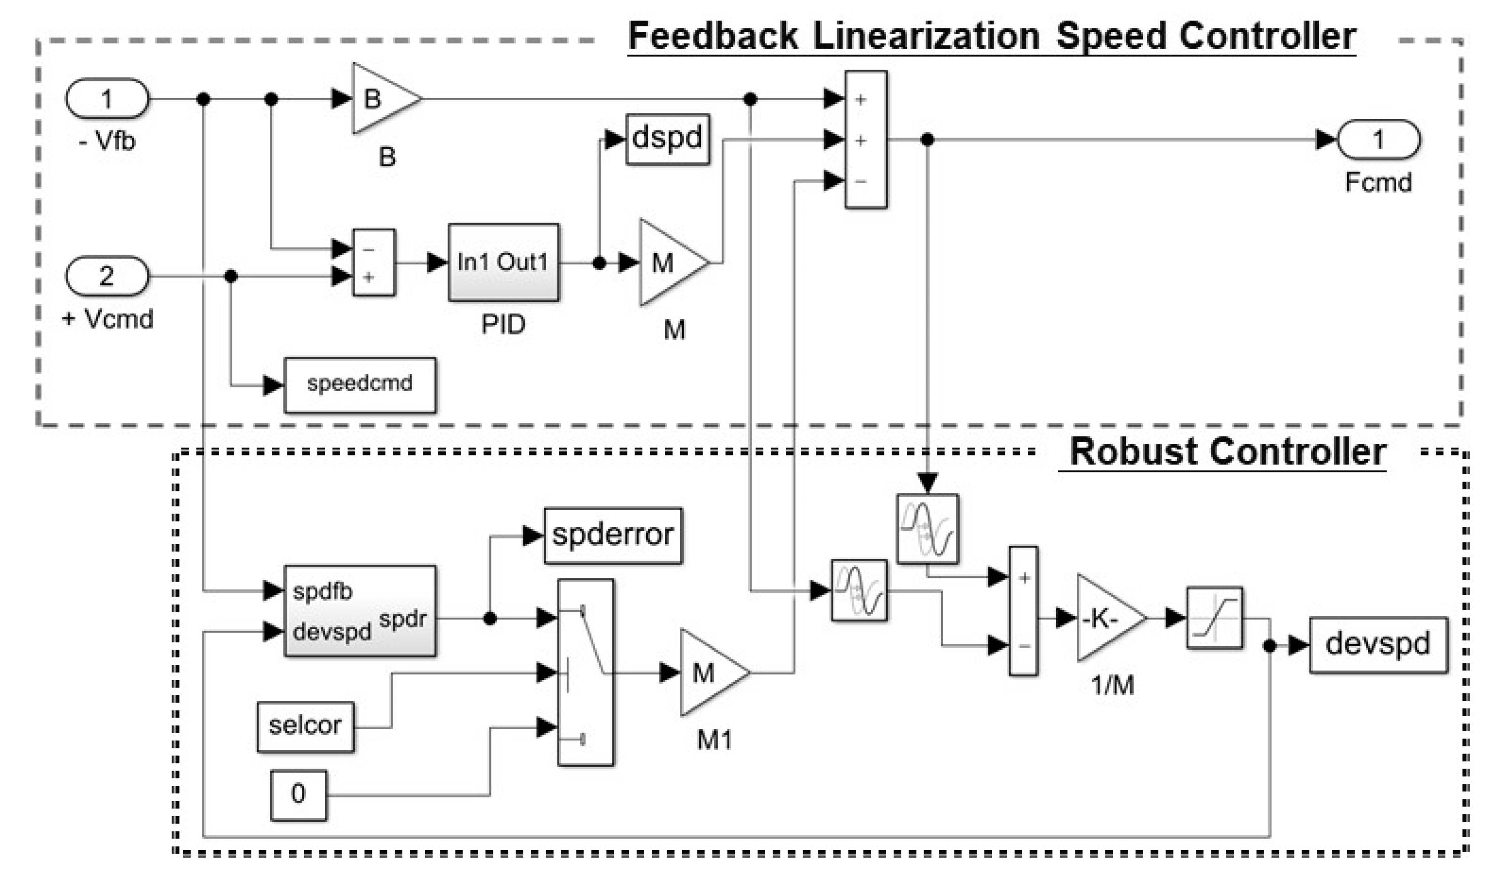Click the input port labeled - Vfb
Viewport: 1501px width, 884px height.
(107, 98)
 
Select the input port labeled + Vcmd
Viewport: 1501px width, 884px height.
(107, 276)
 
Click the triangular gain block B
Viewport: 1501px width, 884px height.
(381, 98)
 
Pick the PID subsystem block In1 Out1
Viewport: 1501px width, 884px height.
(504, 262)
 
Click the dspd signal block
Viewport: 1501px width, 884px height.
(668, 139)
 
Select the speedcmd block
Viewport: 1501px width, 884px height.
(360, 385)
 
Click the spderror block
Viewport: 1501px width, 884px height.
(613, 535)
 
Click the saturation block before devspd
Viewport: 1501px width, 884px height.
(1214, 618)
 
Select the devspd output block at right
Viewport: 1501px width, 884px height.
(1378, 645)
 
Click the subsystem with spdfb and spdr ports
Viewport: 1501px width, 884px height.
(360, 611)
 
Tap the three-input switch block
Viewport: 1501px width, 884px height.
(586, 672)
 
